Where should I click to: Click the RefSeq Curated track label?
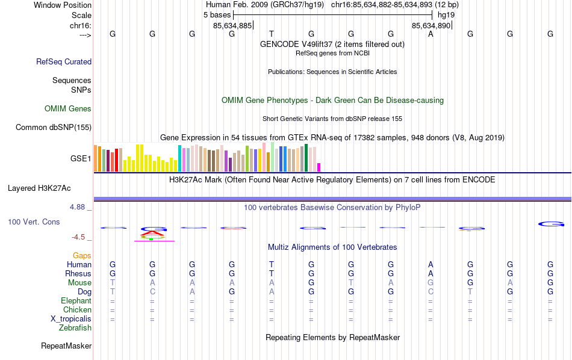point(64,61)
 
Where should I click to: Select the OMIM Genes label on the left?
point(68,109)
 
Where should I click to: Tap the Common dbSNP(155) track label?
point(54,127)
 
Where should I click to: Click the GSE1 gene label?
point(81,159)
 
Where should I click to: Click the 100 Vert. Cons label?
point(34,222)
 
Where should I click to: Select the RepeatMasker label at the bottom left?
point(66,346)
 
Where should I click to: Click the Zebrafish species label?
point(75,328)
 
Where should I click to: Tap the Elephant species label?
point(76,301)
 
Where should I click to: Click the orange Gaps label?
point(82,256)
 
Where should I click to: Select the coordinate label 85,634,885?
point(232,26)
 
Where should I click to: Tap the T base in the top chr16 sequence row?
point(272,34)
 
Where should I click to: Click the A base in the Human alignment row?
point(431,264)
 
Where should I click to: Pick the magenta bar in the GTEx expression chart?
point(319,167)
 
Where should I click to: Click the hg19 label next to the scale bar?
point(446,14)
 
